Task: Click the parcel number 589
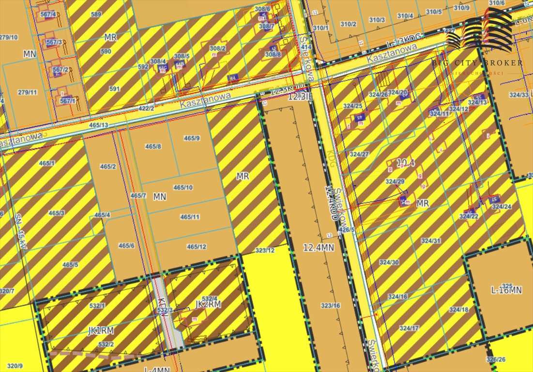(96, 15)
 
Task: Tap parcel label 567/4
(48, 14)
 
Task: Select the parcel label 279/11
(28, 92)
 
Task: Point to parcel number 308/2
(217, 48)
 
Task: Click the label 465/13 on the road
(99, 125)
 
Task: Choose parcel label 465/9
(192, 139)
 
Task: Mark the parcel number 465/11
(190, 217)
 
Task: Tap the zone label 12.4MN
(319, 248)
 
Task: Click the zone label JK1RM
(101, 331)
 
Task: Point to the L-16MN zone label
(506, 290)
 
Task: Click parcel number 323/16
(331, 306)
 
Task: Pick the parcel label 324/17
(409, 328)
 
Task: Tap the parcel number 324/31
(431, 241)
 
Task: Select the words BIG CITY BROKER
(477, 63)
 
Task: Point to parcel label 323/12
(264, 250)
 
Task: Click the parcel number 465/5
(70, 264)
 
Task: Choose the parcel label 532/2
(106, 344)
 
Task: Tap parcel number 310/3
(377, 20)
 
